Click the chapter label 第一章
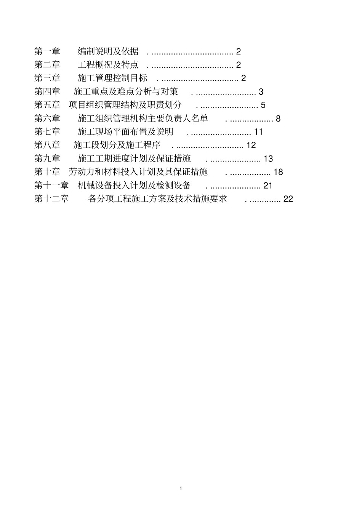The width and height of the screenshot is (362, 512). [x=47, y=51]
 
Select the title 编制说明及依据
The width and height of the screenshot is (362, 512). [x=108, y=51]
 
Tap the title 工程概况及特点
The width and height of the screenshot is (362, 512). [x=108, y=65]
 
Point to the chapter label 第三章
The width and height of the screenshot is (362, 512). [x=47, y=78]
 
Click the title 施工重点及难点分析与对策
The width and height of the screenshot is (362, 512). [x=125, y=92]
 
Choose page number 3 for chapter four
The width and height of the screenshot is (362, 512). [x=261, y=92]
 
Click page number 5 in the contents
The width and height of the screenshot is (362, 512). [x=263, y=105]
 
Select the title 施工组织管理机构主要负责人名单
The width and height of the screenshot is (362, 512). [x=143, y=118]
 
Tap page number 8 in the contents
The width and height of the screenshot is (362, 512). [x=278, y=118]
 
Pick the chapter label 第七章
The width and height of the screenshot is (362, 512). [x=47, y=132]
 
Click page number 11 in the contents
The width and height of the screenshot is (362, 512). [x=259, y=132]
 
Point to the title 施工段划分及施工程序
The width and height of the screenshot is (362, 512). [x=117, y=145]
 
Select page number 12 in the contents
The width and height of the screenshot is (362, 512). [x=251, y=145]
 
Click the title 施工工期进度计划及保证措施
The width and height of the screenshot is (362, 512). [x=134, y=158]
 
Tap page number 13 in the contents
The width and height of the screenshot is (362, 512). [x=268, y=158]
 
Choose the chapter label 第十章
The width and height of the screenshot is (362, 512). [x=47, y=172]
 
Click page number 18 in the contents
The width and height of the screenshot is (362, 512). [x=279, y=172]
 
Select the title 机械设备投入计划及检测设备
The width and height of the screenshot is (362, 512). [x=134, y=186]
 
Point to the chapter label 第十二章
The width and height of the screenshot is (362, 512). [x=51, y=199]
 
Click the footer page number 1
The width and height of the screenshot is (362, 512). [x=181, y=488]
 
